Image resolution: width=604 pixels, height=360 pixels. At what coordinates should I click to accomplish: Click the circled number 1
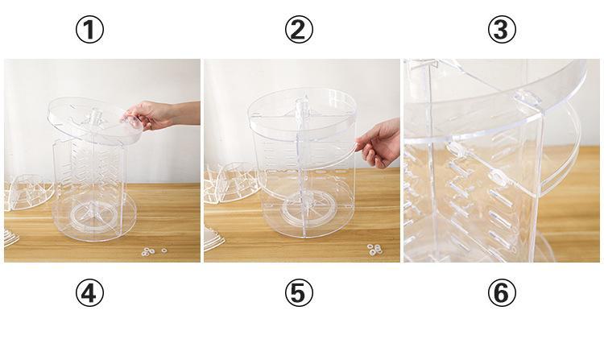[89, 30]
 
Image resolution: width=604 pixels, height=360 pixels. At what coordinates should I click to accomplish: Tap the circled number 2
[299, 30]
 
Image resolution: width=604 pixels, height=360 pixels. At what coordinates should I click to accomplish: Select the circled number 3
[502, 30]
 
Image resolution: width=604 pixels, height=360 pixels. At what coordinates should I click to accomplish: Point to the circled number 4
[89, 293]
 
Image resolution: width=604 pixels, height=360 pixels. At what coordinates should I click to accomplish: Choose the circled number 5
[299, 293]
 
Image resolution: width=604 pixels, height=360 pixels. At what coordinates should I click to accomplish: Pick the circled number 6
[502, 293]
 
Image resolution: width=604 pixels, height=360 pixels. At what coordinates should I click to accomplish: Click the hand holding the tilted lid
[158, 114]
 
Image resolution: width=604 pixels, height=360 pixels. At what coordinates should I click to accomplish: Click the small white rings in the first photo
[153, 251]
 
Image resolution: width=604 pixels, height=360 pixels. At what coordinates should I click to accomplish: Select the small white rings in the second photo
[374, 249]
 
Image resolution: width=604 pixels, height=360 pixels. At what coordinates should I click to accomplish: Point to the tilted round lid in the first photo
[94, 120]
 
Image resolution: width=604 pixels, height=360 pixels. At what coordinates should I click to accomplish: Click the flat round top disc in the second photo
[302, 110]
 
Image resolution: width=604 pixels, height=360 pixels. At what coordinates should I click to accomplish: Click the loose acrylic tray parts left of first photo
[27, 192]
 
